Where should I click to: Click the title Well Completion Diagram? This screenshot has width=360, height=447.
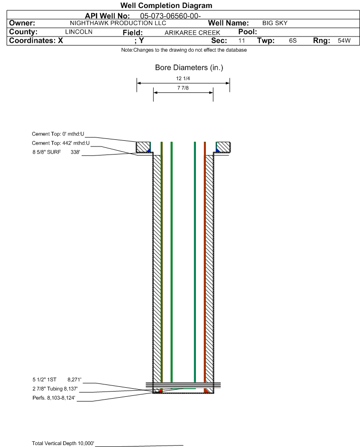(166, 5)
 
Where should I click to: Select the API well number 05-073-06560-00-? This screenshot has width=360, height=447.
(170, 16)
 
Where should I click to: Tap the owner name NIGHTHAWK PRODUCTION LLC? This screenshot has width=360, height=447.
(118, 23)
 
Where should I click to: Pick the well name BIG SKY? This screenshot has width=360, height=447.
(275, 23)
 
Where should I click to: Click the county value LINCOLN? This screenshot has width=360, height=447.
(79, 32)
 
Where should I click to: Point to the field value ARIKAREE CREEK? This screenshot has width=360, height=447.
(192, 33)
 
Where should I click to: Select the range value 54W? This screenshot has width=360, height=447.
(344, 40)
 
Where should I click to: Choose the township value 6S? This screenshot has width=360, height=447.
(293, 40)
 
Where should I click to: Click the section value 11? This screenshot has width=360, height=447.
(241, 40)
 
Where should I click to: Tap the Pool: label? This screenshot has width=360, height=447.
(248, 32)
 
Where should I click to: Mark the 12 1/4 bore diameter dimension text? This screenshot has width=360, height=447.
(183, 78)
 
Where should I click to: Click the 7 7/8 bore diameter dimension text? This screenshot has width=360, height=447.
(183, 88)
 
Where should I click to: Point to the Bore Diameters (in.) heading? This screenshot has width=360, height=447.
(189, 68)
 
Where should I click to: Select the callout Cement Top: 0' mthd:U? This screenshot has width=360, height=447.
(58, 134)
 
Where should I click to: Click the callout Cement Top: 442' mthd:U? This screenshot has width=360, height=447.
(61, 143)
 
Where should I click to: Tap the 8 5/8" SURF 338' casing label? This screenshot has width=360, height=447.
(56, 152)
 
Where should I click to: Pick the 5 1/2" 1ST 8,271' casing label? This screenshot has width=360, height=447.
(57, 380)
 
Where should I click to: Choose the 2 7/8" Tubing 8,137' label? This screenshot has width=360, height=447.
(55, 389)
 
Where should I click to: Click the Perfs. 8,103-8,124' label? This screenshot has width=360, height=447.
(54, 398)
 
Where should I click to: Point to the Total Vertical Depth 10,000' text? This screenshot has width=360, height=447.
(63, 443)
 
